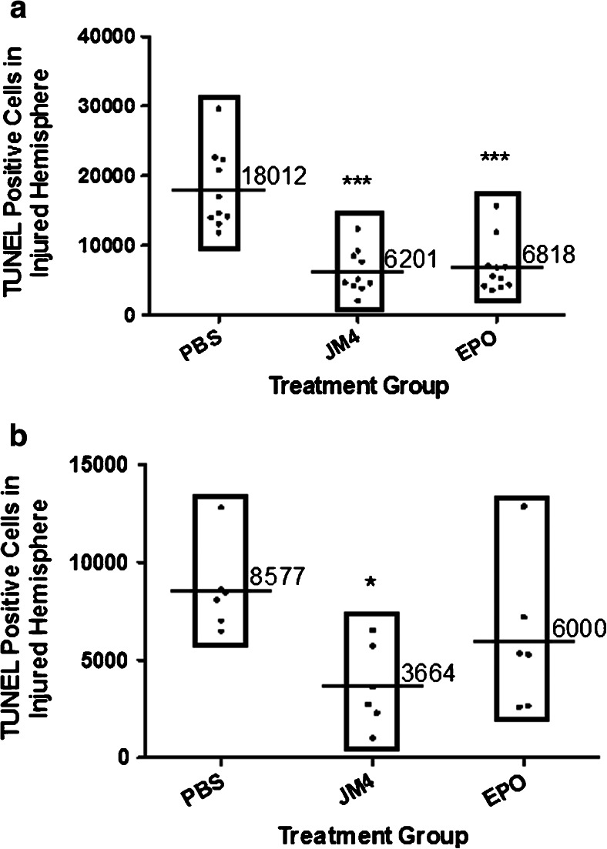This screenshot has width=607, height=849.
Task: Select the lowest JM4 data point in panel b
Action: click(373, 737)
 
